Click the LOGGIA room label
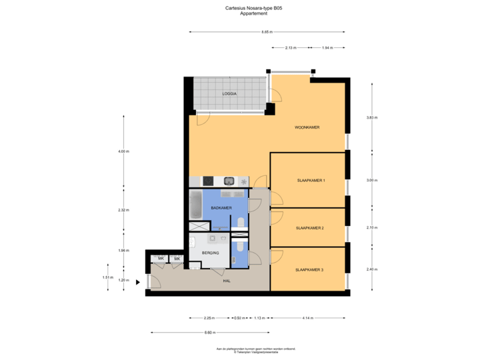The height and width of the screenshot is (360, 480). pyautogui.click(x=229, y=94)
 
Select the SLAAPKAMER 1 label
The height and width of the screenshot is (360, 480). pyautogui.click(x=311, y=180)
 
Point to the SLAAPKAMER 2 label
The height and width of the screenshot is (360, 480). pyautogui.click(x=310, y=228)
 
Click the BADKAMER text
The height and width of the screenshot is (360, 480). pyautogui.click(x=221, y=209)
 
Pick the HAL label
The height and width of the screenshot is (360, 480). pyautogui.click(x=227, y=282)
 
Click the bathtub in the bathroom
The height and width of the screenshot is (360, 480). pyautogui.click(x=196, y=205)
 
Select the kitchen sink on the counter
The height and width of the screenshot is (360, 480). pyautogui.click(x=229, y=181)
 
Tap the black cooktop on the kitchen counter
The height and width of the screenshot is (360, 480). pyautogui.click(x=208, y=181)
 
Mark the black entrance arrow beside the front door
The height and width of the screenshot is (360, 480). pyautogui.click(x=138, y=282)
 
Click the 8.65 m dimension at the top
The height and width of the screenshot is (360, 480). pyautogui.click(x=267, y=31)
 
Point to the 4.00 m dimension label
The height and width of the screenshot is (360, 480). pyautogui.click(x=123, y=151)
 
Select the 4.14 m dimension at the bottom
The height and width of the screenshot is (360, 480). pyautogui.click(x=307, y=318)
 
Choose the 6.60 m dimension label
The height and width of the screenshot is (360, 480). pyautogui.click(x=209, y=332)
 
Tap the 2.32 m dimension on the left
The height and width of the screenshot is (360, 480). pyautogui.click(x=123, y=210)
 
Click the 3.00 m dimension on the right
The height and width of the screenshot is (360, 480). pyautogui.click(x=372, y=180)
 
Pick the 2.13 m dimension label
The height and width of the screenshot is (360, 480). pyautogui.click(x=291, y=48)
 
